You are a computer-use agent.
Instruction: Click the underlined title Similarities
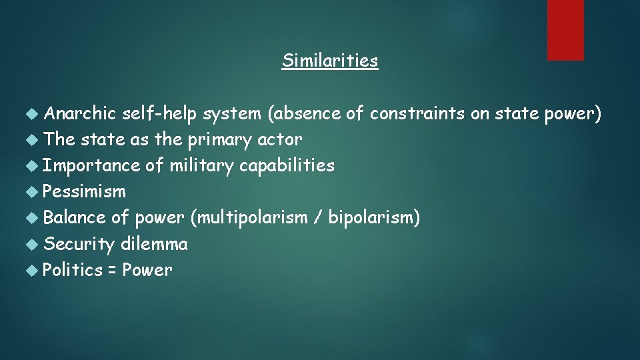(329, 61)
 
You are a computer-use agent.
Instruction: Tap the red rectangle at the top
(565, 29)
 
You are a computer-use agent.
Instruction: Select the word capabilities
(287, 165)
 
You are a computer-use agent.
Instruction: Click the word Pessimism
(84, 192)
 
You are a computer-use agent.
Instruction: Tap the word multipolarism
(250, 217)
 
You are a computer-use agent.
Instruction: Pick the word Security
(79, 244)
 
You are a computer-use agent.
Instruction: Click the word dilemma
(154, 244)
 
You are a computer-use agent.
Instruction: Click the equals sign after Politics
(113, 271)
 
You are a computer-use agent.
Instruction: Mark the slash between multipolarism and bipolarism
(317, 217)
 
